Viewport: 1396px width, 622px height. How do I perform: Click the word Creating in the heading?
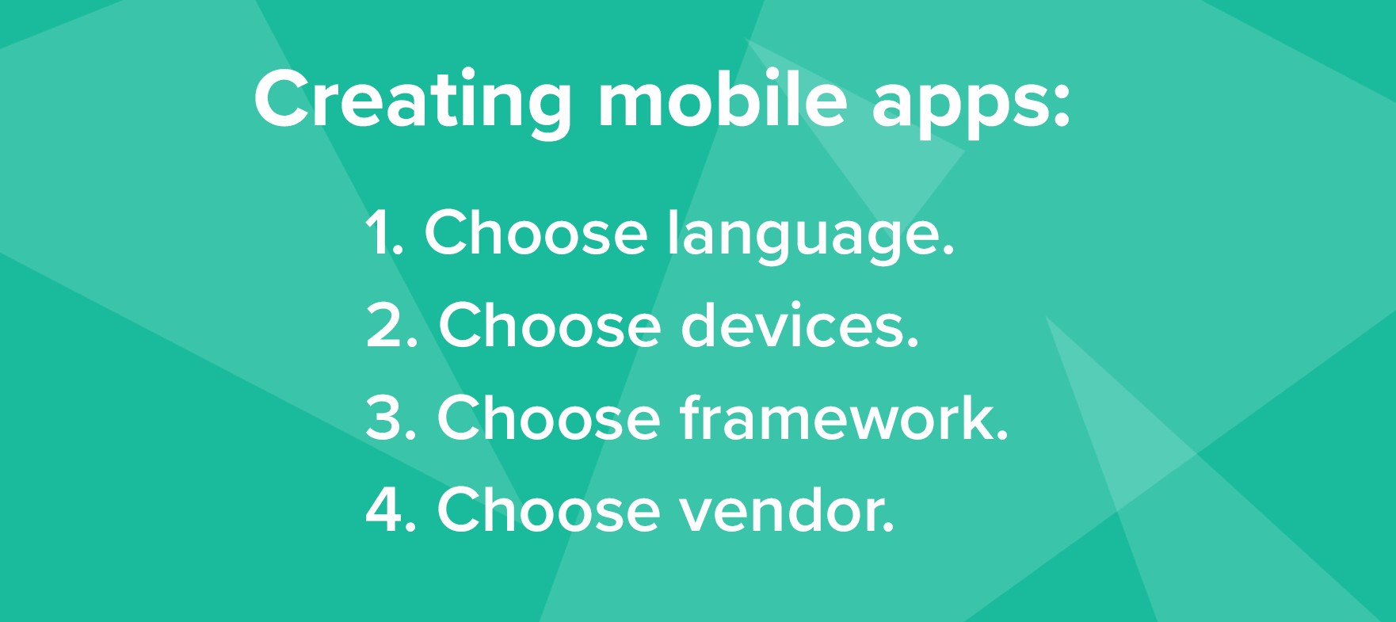click(x=413, y=101)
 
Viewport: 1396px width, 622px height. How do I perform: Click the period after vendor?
click(x=889, y=526)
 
